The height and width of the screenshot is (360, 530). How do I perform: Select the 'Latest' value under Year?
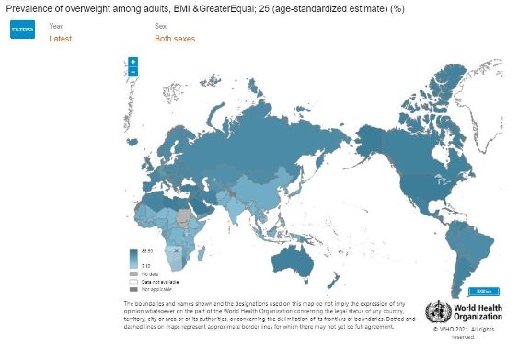tap(60, 39)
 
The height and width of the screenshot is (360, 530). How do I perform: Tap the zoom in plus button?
tap(133, 62)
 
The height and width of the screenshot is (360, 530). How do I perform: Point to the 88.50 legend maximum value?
tap(146, 250)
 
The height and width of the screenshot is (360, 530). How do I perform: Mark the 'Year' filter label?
tap(55, 27)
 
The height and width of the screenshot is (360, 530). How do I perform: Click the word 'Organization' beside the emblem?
tap(478, 318)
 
